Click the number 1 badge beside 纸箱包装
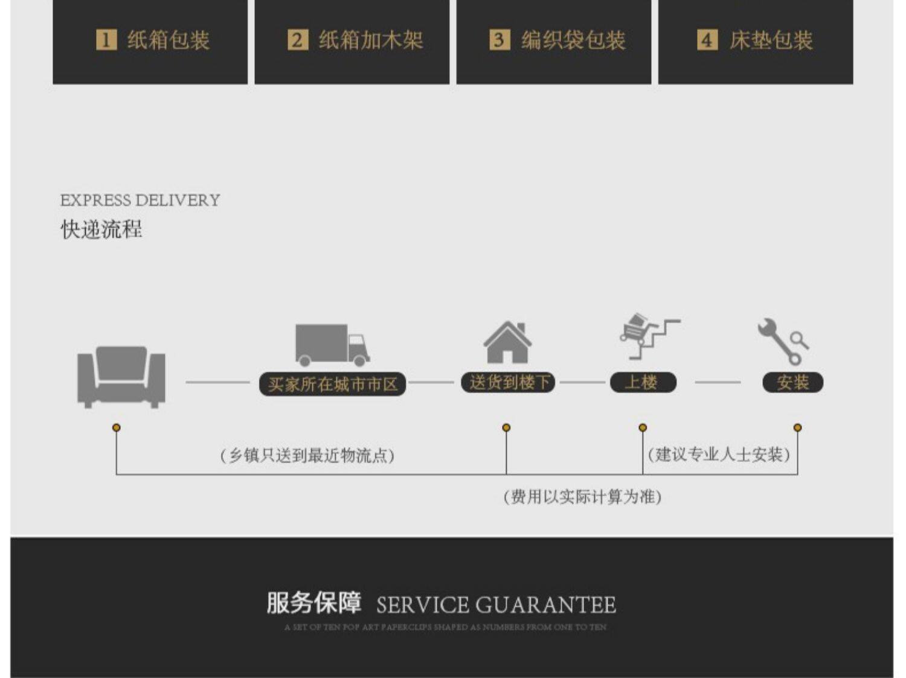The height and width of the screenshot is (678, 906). pos(106,40)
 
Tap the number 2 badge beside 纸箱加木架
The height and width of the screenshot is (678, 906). pos(297,40)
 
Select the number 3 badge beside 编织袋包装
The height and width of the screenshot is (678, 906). pos(499,40)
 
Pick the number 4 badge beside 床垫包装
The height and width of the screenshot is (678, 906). pos(707,40)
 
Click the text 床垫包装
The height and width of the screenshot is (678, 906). pos(771,40)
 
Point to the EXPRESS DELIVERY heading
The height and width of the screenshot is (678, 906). pos(140,200)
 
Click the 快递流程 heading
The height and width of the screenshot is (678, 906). pos(101,229)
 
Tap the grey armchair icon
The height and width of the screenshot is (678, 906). pos(121,376)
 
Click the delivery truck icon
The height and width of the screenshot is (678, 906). pos(332,345)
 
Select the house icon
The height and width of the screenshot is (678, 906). pos(507,342)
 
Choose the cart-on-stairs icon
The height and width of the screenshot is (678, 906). pos(648,336)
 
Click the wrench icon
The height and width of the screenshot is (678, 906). pos(783,341)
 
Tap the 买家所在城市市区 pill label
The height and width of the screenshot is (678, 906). pos(332,384)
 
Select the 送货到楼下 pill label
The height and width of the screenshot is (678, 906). pos(509,382)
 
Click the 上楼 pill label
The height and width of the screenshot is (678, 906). pos(643,382)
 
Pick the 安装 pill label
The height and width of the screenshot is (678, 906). pos(792,382)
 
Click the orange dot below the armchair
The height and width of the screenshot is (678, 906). pos(117,427)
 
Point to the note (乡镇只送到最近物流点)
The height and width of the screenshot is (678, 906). pos(307,455)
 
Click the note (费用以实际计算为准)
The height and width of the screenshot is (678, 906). pos(582,497)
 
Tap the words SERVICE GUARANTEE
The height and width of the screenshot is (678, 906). pos(496,605)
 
